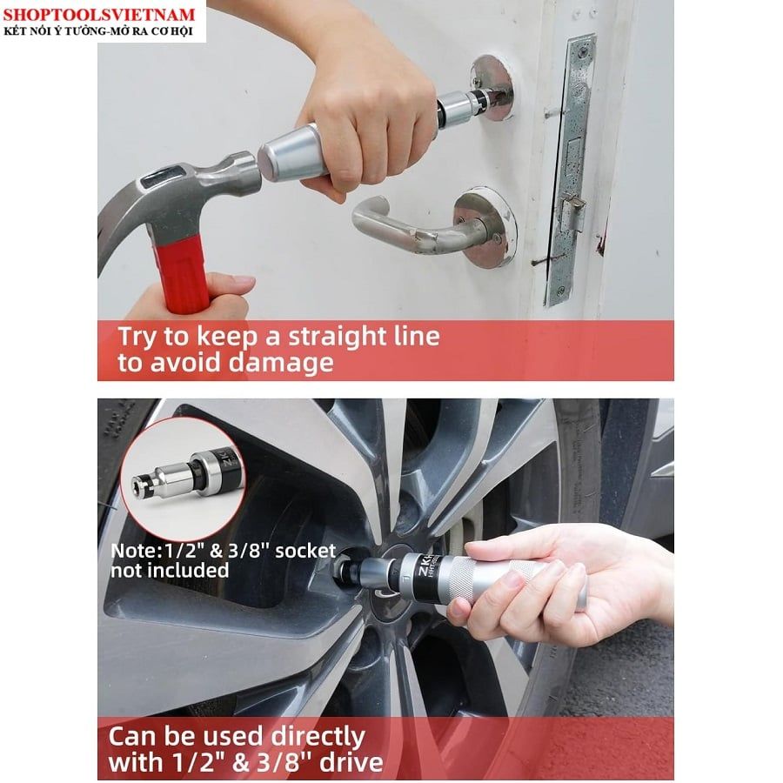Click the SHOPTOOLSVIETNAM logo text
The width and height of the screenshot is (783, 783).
click(99, 14)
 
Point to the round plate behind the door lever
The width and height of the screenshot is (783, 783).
click(485, 228)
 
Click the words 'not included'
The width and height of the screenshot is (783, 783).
click(170, 570)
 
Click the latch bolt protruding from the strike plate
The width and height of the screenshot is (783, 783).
click(574, 204)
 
